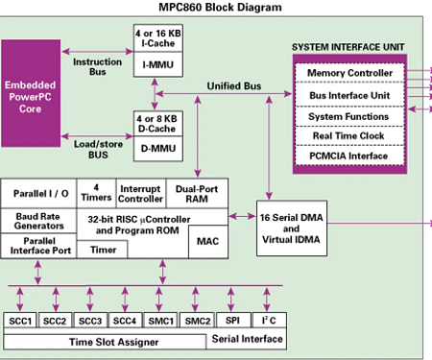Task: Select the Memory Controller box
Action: pyautogui.click(x=348, y=73)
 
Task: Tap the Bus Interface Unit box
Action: pyautogui.click(x=348, y=95)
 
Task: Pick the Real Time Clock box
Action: pyautogui.click(x=348, y=135)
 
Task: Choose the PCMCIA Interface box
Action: pyautogui.click(x=348, y=155)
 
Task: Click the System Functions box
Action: pyautogui.click(x=348, y=115)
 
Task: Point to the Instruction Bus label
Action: pyautogui.click(x=97, y=66)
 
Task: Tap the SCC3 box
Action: pyautogui.click(x=90, y=320)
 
